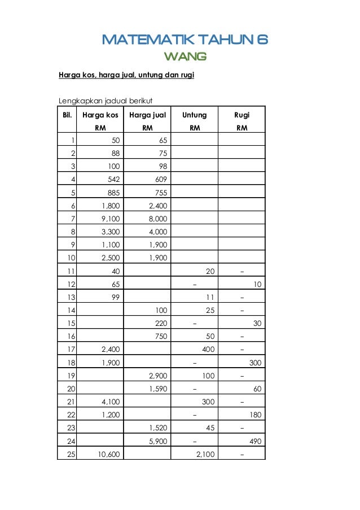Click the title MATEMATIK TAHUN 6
point(185,40)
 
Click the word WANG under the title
point(185,56)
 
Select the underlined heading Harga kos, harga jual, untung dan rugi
point(127,74)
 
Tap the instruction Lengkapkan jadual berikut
point(102,101)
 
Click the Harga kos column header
point(100,115)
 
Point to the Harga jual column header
point(147,115)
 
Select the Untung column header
point(195,115)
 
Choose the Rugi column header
point(242,115)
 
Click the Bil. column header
point(67,115)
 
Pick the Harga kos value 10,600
point(108,454)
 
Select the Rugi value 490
point(256,441)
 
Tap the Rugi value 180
point(256,415)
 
